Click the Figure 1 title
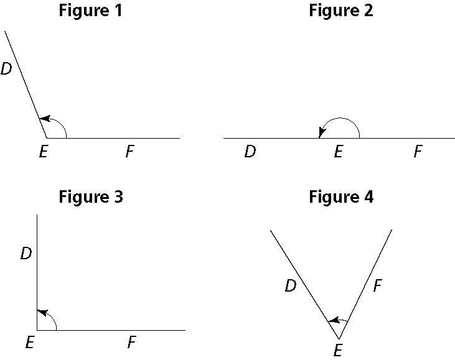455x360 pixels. click(x=90, y=11)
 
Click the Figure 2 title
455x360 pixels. click(x=341, y=11)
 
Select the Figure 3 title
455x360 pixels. click(x=90, y=197)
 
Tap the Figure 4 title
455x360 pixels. click(x=341, y=197)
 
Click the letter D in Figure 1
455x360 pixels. click(x=6, y=69)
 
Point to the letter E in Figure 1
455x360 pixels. click(x=42, y=152)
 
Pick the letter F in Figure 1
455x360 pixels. click(x=129, y=152)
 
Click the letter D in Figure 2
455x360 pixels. click(x=250, y=152)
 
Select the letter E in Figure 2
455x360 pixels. click(x=337, y=152)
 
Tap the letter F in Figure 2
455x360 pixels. click(x=418, y=152)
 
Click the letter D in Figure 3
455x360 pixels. click(x=26, y=254)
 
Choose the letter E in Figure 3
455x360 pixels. click(x=29, y=342)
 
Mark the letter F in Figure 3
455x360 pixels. click(x=131, y=342)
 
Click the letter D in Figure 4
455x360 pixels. click(x=290, y=286)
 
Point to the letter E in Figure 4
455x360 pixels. click(x=337, y=351)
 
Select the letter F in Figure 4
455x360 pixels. click(x=377, y=286)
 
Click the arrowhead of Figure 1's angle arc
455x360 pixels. click(x=42, y=118)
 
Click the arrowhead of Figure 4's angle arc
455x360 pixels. click(x=331, y=320)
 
